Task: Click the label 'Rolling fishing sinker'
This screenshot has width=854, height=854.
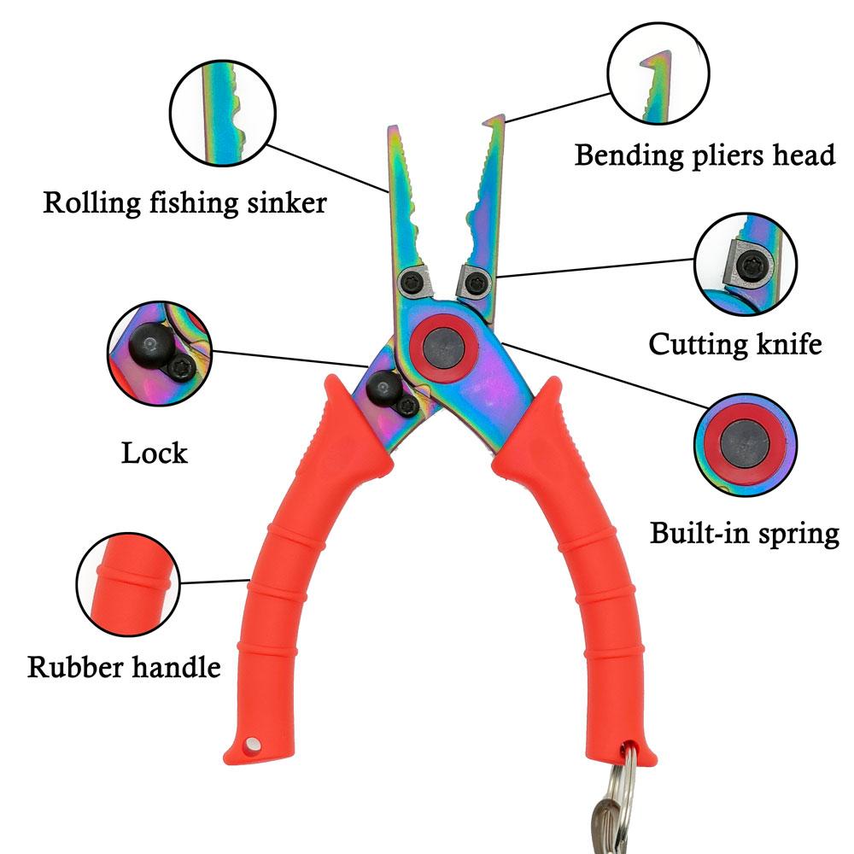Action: (184, 203)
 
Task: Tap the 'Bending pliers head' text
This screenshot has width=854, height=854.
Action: (705, 155)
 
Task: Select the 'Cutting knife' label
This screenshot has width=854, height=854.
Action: (735, 344)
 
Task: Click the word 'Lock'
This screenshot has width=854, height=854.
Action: (154, 452)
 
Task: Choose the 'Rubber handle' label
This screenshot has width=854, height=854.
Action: (124, 666)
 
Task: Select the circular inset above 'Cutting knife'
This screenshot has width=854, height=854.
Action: (745, 265)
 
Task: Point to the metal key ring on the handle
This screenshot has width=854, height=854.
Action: (632, 804)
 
